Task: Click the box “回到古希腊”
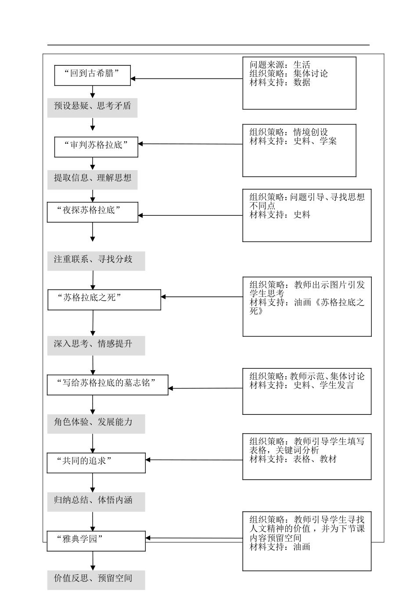[92, 75]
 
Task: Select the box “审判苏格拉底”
[96, 147]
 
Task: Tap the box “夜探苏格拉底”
[92, 212]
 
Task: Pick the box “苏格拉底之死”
[104, 300]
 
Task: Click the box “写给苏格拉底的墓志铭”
[108, 385]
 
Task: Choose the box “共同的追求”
[96, 463]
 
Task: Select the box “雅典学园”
[96, 541]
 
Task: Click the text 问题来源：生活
[280, 65]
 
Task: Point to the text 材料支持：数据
[280, 82]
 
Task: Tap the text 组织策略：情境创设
[288, 132]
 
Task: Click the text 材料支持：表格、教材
[293, 459]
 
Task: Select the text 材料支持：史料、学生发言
[302, 385]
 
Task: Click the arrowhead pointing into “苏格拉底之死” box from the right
[163, 297]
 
